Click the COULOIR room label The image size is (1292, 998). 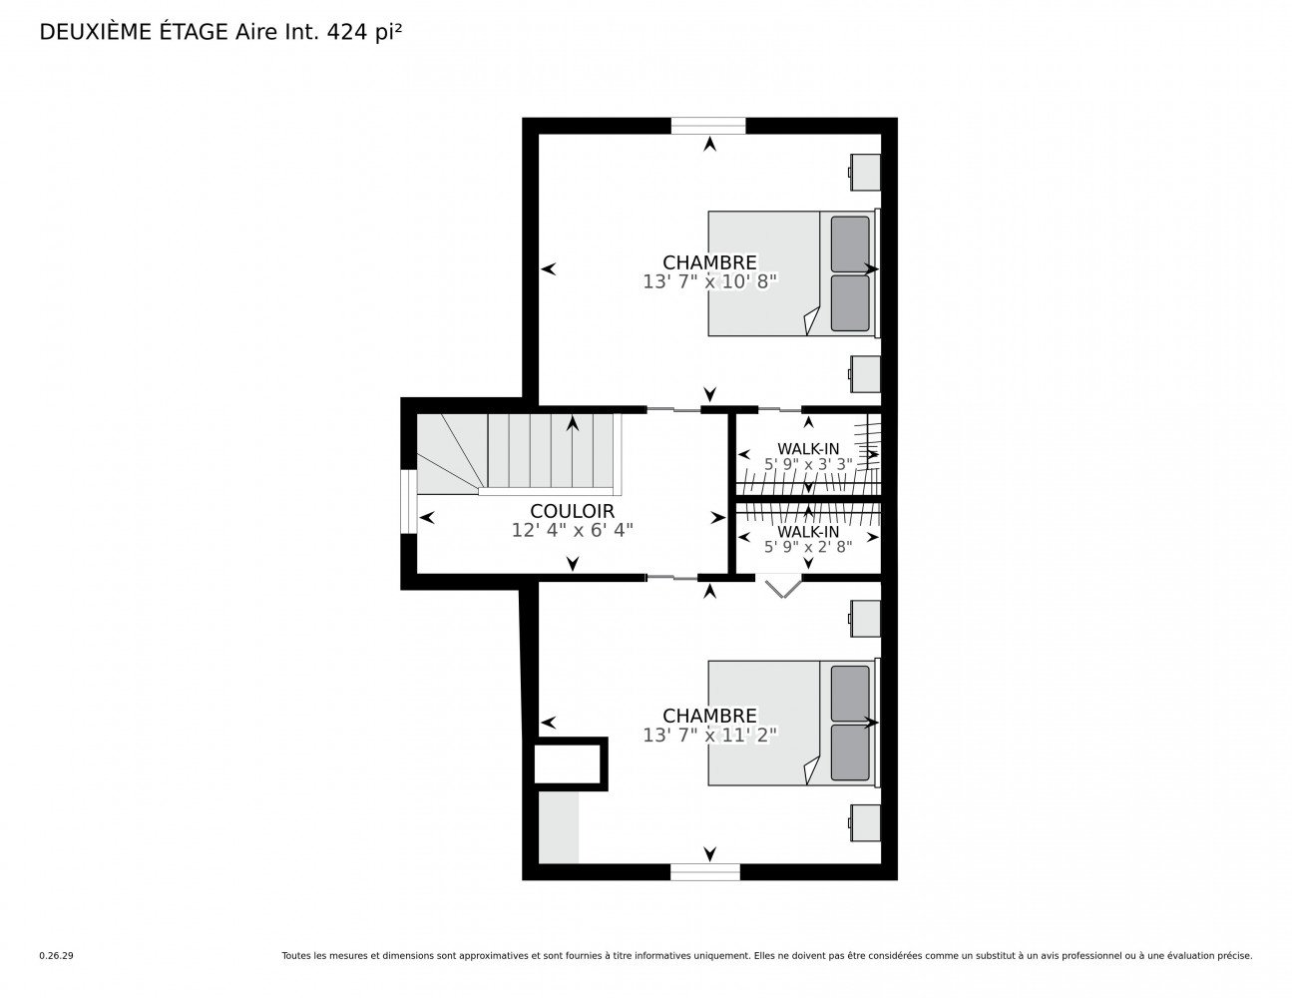572,511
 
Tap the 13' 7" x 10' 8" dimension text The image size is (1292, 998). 709,281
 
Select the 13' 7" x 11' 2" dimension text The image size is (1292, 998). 709,736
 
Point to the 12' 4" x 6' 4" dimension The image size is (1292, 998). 572,530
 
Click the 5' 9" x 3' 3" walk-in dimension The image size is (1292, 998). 808,464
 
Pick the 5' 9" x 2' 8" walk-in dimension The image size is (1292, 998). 808,546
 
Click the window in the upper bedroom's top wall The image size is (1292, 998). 708,126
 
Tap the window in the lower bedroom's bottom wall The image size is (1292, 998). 705,872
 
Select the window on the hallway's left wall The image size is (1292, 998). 408,502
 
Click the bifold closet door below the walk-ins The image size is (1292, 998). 782,587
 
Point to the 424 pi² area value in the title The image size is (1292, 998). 364,32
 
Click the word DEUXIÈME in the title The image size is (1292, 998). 95,32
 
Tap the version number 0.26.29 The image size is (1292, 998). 57,956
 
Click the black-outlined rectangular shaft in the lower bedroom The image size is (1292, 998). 571,764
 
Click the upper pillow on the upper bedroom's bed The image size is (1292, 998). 850,245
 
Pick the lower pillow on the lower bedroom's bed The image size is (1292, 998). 850,752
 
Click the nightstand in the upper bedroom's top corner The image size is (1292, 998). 864,172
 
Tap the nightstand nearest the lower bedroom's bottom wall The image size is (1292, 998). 864,822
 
